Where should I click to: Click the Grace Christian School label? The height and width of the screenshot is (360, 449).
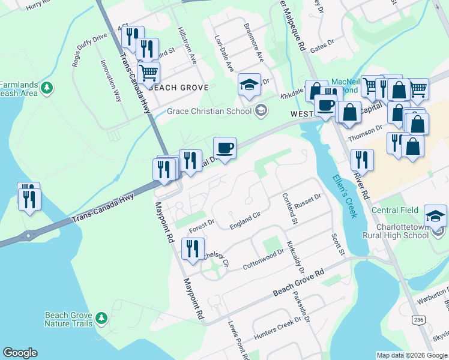coord(209,111)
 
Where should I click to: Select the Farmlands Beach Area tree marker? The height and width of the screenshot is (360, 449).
coord(47,88)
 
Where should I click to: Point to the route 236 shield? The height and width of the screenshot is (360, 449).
coord(418,320)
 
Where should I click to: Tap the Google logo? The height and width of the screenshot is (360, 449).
coord(20,353)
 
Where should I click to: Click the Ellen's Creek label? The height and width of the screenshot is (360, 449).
coord(344,196)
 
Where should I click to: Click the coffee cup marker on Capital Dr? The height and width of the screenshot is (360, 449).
coord(225,149)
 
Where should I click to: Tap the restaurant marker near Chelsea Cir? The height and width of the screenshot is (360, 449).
coord(193,249)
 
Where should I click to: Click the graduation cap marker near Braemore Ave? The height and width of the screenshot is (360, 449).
coord(249,85)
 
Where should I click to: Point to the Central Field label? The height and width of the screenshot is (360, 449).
coord(394,210)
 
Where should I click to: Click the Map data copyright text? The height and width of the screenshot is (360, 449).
coord(411,355)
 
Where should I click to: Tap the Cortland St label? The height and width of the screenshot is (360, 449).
coord(291,208)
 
